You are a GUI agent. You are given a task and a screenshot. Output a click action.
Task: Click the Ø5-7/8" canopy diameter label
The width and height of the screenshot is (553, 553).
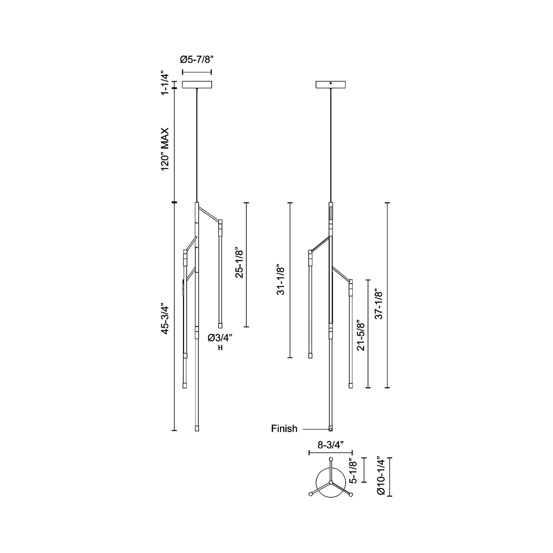(197, 60)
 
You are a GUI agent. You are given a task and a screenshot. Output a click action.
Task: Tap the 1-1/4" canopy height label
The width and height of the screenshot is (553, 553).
(165, 83)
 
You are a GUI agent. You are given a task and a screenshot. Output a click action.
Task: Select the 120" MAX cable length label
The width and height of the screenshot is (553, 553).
(165, 149)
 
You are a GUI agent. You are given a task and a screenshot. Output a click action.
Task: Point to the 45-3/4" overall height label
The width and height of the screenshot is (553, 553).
(165, 318)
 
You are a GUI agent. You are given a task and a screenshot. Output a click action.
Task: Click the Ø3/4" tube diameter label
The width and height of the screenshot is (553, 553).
(220, 338)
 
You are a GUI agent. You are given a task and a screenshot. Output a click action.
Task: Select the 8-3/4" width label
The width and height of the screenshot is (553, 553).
(331, 445)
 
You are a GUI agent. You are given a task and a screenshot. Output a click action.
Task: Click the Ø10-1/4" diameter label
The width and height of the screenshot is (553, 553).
(381, 477)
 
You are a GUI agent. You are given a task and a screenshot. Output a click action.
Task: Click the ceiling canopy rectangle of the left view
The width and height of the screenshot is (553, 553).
(197, 85)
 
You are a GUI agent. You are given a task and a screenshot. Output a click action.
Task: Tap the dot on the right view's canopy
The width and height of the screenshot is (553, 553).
(331, 83)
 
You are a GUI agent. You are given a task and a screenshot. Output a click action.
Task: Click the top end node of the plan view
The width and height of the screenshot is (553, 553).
(331, 459)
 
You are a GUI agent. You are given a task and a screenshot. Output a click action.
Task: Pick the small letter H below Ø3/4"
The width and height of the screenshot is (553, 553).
(220, 348)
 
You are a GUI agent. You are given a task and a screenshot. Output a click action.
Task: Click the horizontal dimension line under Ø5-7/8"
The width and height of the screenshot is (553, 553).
(197, 72)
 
